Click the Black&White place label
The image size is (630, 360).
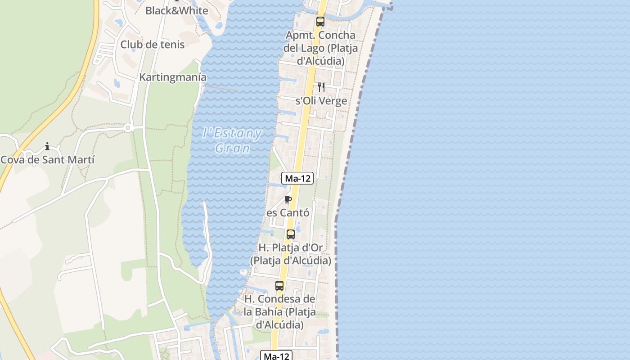point(176,11)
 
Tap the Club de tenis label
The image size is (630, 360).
point(152,45)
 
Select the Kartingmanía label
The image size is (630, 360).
point(173,77)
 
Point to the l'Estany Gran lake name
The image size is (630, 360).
point(232,140)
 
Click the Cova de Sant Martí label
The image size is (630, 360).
point(48,160)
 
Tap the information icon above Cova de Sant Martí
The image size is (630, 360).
point(47,146)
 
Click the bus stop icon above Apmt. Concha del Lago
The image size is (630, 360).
point(320,21)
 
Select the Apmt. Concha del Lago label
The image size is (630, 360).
point(320,48)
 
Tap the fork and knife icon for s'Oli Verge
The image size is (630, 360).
point(321,87)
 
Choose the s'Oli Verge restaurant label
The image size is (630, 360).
point(321,101)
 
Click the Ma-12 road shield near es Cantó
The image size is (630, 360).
point(297,178)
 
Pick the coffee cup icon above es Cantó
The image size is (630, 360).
point(288,199)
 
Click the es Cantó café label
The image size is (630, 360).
point(288,213)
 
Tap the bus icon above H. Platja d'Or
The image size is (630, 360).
point(290,234)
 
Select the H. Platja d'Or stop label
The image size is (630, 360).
point(290,254)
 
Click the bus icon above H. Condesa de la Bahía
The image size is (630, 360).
point(279,285)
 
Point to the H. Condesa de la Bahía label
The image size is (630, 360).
point(279,311)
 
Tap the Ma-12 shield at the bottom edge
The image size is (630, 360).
point(276,356)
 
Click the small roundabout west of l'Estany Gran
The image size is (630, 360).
point(127,128)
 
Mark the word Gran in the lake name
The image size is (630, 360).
point(232,148)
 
